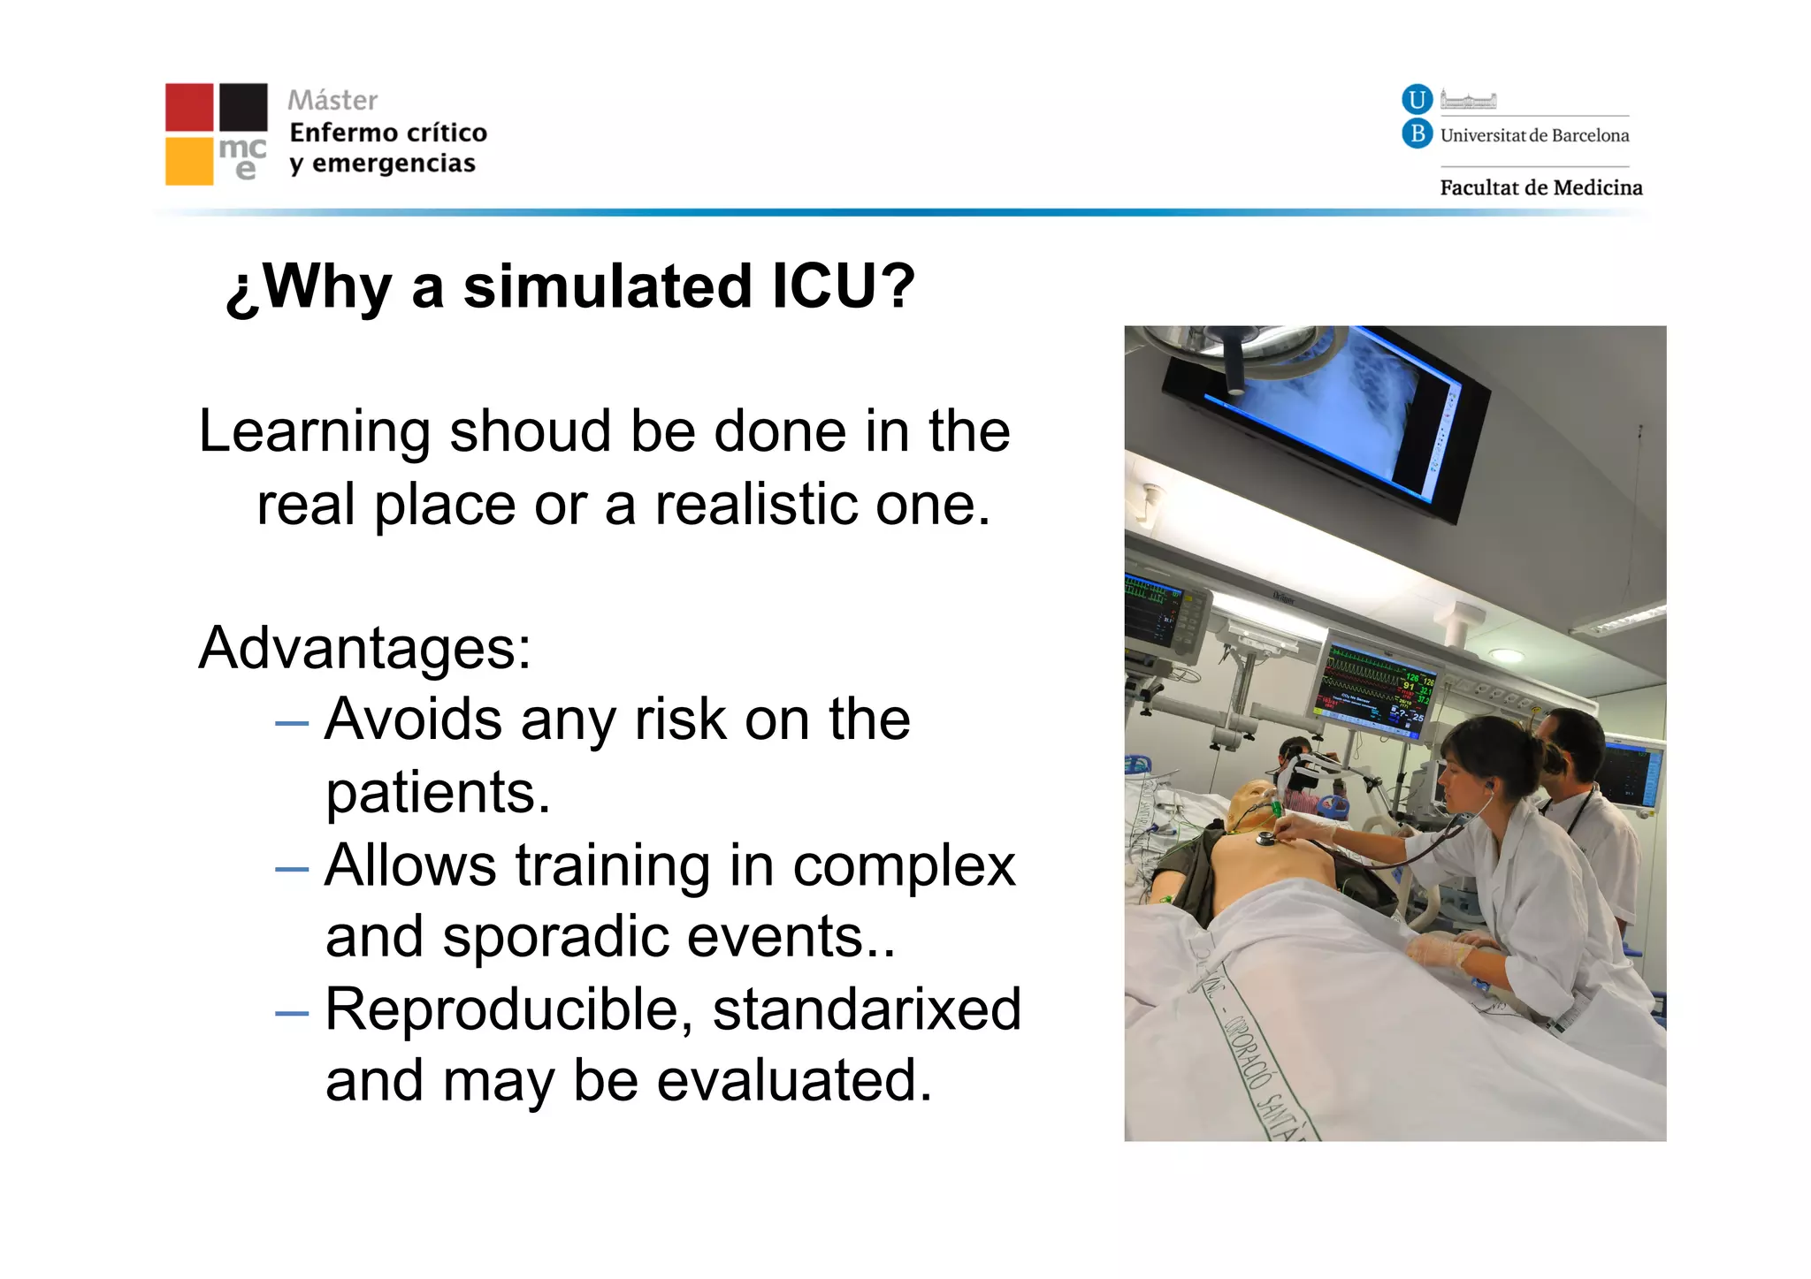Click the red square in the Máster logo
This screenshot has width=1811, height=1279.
(189, 107)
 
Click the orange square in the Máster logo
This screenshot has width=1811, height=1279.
(189, 161)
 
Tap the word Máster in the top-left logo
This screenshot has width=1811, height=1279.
(332, 100)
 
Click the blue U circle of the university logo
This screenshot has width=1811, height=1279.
(1417, 99)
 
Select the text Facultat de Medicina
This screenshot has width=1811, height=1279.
(1540, 187)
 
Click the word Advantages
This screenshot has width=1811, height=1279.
(363, 648)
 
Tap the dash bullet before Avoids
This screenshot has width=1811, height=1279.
(292, 723)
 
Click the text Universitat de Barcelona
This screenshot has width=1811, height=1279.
(1534, 135)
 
